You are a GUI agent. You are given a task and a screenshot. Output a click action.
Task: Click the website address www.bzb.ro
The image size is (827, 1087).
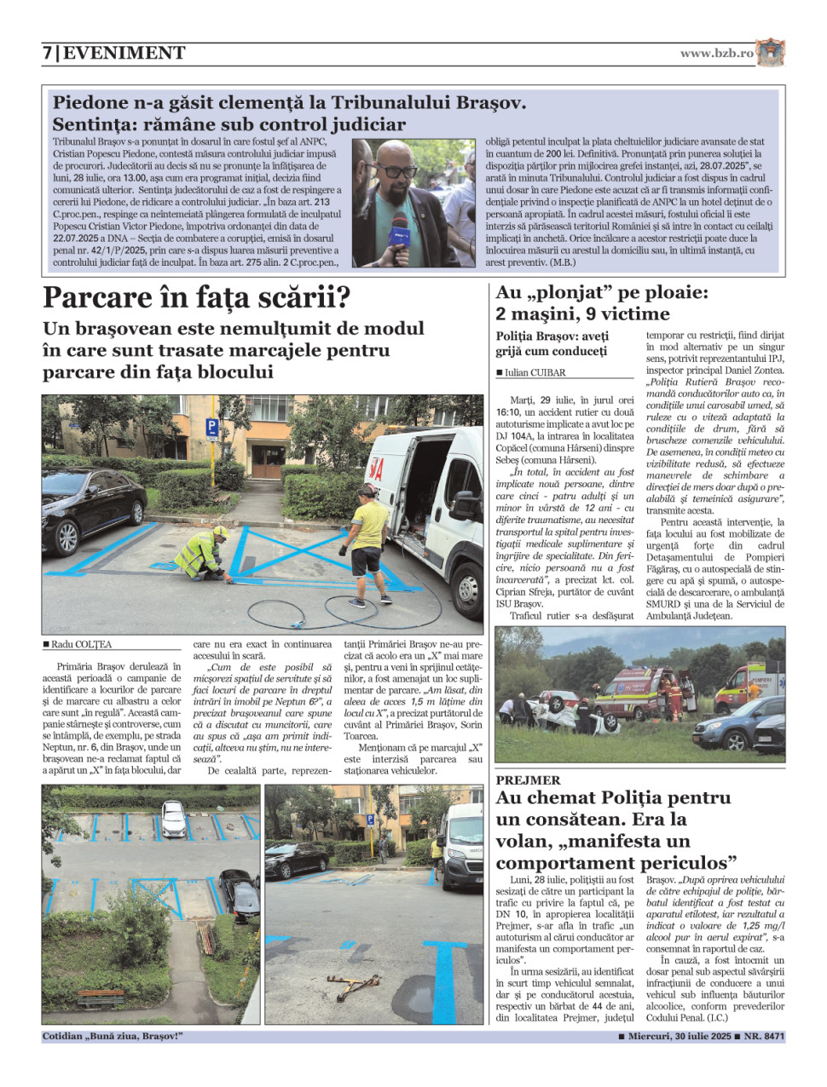pyautogui.click(x=716, y=53)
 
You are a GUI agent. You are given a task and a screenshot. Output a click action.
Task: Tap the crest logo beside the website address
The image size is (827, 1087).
pyautogui.click(x=770, y=53)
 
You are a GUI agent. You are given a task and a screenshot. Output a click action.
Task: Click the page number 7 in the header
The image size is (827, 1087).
pyautogui.click(x=47, y=53)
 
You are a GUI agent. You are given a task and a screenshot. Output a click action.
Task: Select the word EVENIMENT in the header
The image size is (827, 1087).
pyautogui.click(x=124, y=53)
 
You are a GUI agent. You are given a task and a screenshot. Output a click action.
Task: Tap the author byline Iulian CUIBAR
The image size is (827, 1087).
pyautogui.click(x=535, y=372)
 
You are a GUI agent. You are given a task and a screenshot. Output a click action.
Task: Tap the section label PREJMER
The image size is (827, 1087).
pyautogui.click(x=529, y=780)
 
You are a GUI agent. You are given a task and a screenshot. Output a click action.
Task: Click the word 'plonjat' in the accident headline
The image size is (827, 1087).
pyautogui.click(x=575, y=293)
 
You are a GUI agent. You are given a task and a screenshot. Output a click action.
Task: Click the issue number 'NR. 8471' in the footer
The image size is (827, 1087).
pyautogui.click(x=764, y=1037)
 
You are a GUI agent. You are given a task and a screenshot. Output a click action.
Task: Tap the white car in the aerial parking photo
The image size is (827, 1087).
pyautogui.click(x=173, y=819)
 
